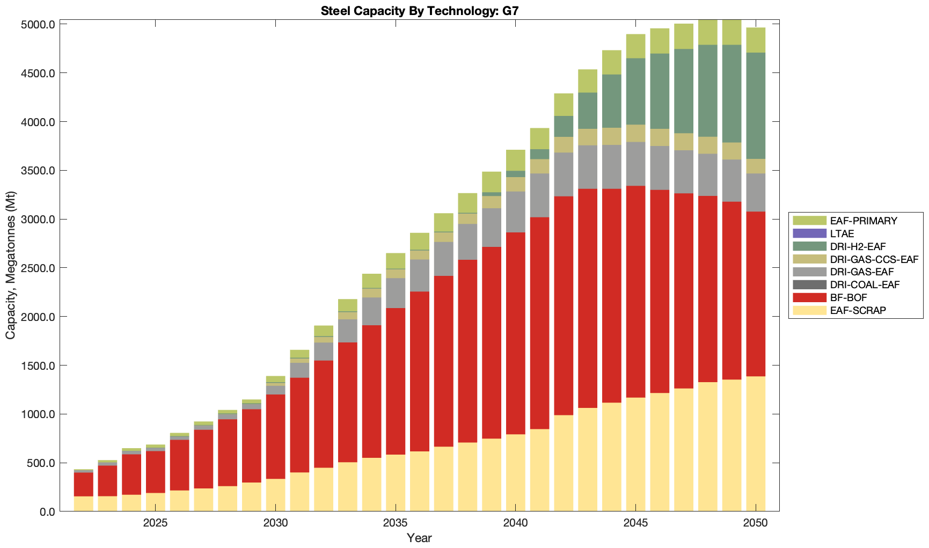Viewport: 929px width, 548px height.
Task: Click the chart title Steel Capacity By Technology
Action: click(x=419, y=11)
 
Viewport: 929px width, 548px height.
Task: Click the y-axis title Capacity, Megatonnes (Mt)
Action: click(x=11, y=265)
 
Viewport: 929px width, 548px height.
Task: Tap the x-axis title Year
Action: click(x=419, y=538)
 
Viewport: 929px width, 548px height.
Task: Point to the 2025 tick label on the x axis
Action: click(x=155, y=523)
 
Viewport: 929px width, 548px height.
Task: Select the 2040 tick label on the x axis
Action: click(x=515, y=523)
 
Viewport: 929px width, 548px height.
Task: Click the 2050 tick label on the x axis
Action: click(x=756, y=523)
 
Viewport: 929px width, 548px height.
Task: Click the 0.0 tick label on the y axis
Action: click(x=47, y=512)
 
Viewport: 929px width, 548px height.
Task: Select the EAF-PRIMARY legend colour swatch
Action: click(x=809, y=221)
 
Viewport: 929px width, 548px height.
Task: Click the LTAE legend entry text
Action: click(x=842, y=233)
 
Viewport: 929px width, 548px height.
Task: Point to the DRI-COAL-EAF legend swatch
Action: click(x=809, y=285)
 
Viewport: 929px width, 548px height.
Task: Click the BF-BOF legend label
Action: click(x=848, y=298)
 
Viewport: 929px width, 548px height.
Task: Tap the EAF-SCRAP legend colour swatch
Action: click(x=809, y=310)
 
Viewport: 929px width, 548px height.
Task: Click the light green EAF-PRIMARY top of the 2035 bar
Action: click(x=396, y=260)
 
